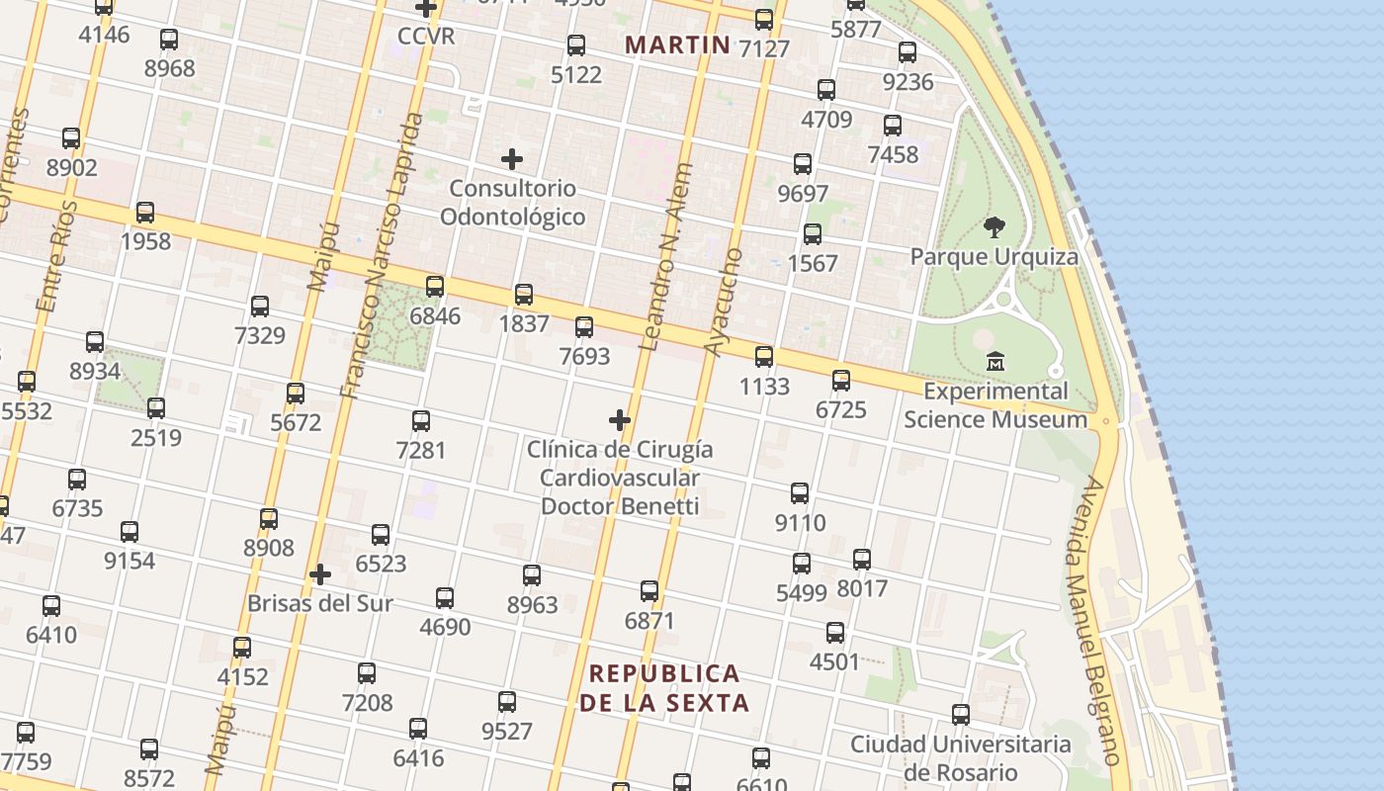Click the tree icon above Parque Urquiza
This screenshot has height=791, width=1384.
coord(995,228)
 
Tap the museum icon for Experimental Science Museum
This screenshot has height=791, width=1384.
coord(995,362)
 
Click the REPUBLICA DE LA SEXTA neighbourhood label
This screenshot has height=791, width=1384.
coord(664,688)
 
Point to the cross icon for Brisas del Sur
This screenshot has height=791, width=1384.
coord(319,574)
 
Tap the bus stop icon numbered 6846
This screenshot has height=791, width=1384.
coord(435,287)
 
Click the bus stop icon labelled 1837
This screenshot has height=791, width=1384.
coord(524,294)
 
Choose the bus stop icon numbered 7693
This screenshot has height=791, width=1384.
coord(584,326)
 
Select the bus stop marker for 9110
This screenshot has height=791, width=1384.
coord(800,492)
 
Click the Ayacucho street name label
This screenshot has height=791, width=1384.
coord(723,303)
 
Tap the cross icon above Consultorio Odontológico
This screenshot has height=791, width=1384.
coord(512,158)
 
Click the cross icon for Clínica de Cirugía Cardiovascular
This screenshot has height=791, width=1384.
coord(620,420)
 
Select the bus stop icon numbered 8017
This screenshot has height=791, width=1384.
coord(862,560)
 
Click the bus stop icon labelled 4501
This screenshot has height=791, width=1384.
coord(835,633)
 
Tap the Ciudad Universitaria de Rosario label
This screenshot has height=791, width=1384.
coord(960,757)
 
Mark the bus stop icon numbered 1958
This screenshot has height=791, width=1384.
coord(145,212)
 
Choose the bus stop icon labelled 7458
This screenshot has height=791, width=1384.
coord(893,126)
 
